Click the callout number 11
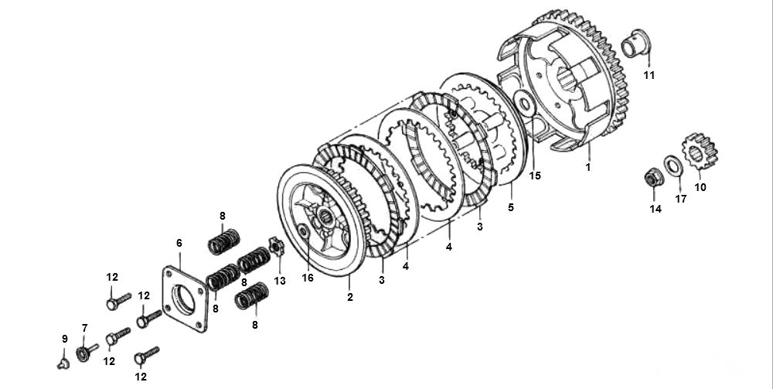pos(649,75)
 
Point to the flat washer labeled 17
pos(673,165)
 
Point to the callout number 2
pos(350,297)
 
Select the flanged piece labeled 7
pos(83,353)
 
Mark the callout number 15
pos(535,176)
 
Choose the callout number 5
pos(510,207)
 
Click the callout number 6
pos(179,243)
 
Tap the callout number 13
pos(279,281)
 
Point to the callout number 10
pos(700,187)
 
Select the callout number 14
pos(656,209)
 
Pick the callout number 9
pos(64,339)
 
